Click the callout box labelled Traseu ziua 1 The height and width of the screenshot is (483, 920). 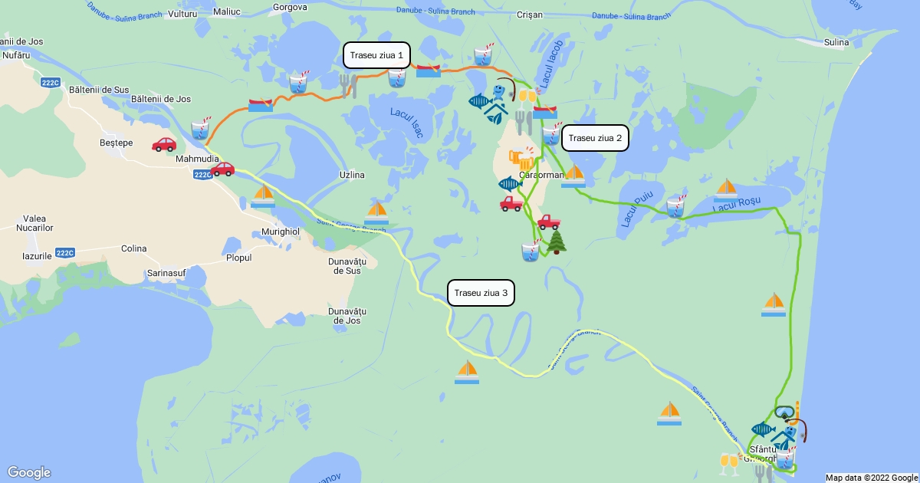pyautogui.click(x=376, y=55)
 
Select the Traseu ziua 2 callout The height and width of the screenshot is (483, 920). pyautogui.click(x=596, y=138)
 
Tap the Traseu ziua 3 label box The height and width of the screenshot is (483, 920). pyautogui.click(x=481, y=293)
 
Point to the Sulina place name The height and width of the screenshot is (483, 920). pyautogui.click(x=836, y=42)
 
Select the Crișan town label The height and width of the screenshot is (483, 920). pyautogui.click(x=530, y=15)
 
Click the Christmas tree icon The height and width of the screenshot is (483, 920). pyautogui.click(x=556, y=242)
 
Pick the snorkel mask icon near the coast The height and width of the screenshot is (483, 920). pyautogui.click(x=787, y=412)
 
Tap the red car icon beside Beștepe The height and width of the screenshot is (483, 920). pyautogui.click(x=164, y=144)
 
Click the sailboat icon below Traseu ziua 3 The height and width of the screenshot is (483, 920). pyautogui.click(x=467, y=372)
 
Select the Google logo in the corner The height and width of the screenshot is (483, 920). pyautogui.click(x=29, y=472)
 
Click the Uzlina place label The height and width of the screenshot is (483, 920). pyautogui.click(x=352, y=175)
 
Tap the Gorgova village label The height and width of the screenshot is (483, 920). pyautogui.click(x=290, y=8)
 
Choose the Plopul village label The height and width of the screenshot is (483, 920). pyautogui.click(x=238, y=258)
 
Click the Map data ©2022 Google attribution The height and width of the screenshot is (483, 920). pyautogui.click(x=871, y=478)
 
